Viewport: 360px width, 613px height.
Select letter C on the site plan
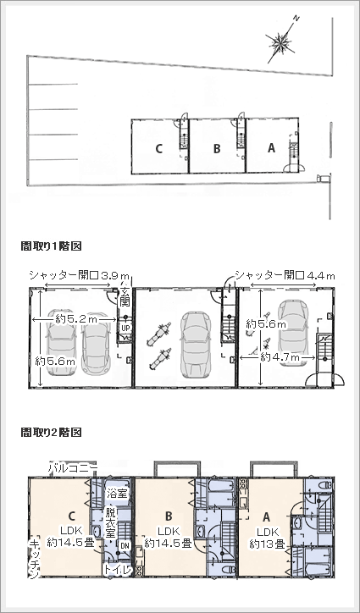coord(158,148)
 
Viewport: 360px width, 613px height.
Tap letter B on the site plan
coord(217,148)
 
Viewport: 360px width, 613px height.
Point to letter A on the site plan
coord(271,147)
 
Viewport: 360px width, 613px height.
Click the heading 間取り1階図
coord(51,246)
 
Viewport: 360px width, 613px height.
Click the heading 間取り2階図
coord(51,432)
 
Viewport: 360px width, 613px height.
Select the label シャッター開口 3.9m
coord(79,276)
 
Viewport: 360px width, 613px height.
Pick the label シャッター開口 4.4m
coord(285,276)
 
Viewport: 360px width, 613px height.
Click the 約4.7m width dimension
coord(280,357)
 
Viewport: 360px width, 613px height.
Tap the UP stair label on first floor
coord(125,328)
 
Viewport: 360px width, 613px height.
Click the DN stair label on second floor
coord(125,546)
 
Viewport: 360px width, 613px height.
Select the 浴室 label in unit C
coord(116,492)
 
